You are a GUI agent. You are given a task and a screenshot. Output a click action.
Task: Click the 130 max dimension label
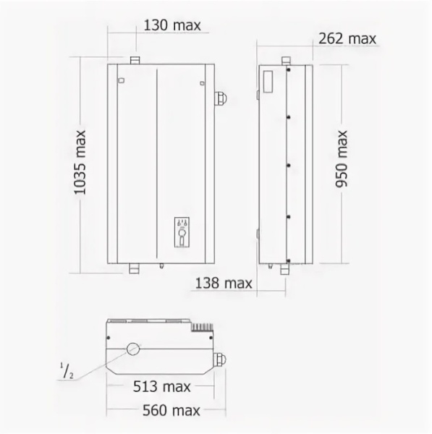172,25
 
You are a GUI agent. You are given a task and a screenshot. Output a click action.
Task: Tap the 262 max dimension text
347,38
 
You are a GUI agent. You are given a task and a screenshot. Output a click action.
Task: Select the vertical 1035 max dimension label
80,163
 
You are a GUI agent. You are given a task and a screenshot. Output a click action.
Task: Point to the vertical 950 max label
341,159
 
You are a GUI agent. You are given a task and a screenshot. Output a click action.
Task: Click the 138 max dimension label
224,283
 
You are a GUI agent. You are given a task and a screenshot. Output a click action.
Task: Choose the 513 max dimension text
161,386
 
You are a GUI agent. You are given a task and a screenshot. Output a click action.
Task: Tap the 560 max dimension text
171,410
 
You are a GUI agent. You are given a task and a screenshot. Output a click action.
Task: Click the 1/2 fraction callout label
67,371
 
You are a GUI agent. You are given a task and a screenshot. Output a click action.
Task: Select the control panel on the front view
182,232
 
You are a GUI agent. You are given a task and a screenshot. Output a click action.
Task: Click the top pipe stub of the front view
135,60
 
